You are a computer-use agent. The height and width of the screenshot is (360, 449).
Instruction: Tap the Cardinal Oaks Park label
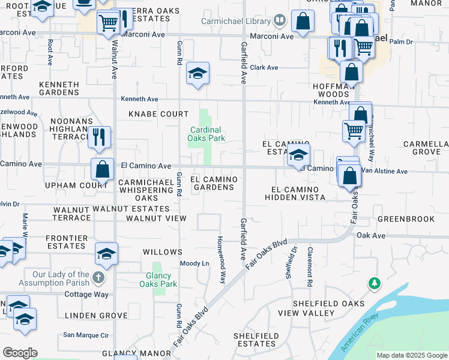click(206, 134)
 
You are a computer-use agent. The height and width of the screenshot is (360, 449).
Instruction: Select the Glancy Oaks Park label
click(158, 280)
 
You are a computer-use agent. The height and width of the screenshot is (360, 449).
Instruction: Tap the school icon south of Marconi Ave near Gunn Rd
click(197, 74)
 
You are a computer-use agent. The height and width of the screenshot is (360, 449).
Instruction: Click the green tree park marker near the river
click(375, 282)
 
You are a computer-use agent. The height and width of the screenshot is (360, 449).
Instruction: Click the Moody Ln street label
click(195, 263)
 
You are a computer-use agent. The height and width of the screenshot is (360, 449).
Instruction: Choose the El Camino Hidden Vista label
click(295, 193)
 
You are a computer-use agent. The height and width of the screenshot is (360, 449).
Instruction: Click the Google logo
click(20, 353)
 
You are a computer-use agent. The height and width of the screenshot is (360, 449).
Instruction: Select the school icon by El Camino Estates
click(298, 155)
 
